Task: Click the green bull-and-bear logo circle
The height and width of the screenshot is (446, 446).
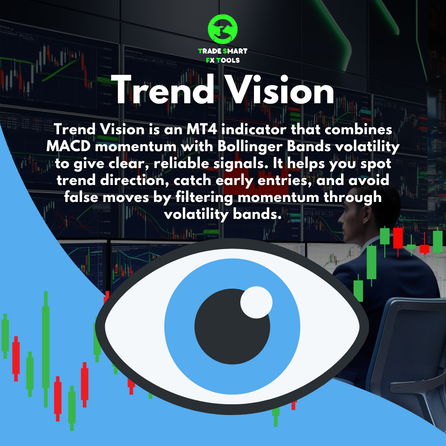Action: (223, 29)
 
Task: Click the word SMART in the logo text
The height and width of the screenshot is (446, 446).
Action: (235, 51)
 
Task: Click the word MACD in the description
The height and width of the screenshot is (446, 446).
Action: (69, 147)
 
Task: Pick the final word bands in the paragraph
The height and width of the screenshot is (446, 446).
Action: (257, 214)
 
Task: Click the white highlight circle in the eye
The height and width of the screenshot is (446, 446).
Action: (256, 302)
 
